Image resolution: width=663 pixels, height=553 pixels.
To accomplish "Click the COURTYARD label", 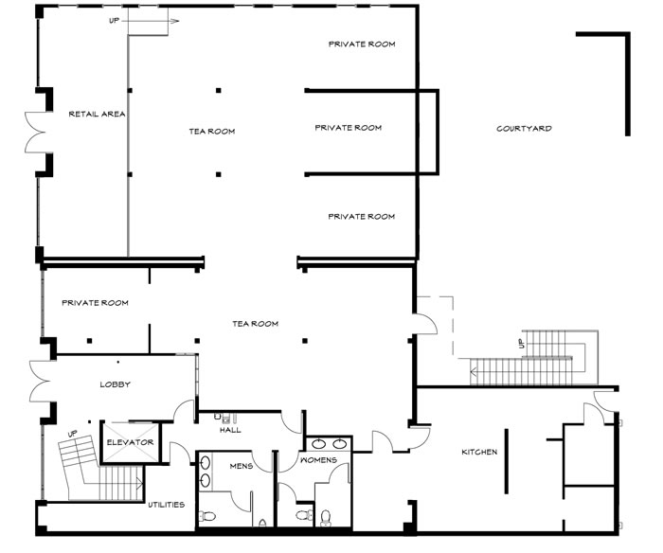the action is click(524, 128).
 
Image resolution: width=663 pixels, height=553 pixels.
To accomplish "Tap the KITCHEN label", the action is click(479, 452).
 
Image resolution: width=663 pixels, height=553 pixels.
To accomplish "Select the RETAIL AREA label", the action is click(97, 114).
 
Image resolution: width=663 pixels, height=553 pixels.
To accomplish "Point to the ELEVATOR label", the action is click(130, 442).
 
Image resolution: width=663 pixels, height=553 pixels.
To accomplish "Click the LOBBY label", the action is click(115, 384).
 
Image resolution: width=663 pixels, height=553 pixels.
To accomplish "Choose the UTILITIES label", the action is click(166, 505).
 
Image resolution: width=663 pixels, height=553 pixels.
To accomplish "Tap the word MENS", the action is click(241, 466).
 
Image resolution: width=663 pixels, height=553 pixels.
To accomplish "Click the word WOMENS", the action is click(318, 459).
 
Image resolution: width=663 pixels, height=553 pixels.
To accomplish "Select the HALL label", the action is click(230, 430).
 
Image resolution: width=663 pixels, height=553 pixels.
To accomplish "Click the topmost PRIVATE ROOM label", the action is click(362, 44).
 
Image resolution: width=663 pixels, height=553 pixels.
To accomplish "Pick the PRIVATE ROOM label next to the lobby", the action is click(95, 303).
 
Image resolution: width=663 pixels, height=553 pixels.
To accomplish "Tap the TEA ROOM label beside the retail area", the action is click(212, 132).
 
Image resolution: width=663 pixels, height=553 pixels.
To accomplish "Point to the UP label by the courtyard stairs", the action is click(521, 344).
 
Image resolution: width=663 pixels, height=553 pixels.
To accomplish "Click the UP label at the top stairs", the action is click(114, 20).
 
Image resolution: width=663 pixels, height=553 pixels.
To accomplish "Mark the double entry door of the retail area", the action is click(35, 133).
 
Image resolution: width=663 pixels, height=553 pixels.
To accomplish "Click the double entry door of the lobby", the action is click(40, 381).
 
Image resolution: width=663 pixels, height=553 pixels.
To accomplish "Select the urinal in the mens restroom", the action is click(262, 524).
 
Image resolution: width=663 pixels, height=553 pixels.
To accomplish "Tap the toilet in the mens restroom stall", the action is click(206, 516).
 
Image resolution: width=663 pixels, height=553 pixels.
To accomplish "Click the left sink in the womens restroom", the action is click(318, 444).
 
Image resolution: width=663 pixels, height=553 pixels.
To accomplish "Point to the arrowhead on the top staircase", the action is click(174, 21).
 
